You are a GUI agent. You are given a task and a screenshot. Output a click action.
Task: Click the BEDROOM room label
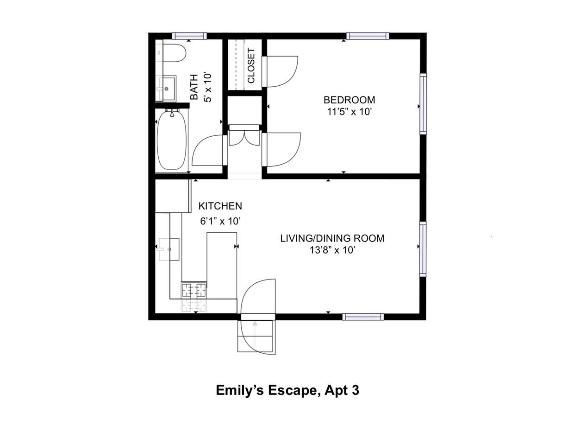click(x=349, y=100)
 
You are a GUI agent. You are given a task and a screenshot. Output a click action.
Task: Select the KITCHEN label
click(x=220, y=206)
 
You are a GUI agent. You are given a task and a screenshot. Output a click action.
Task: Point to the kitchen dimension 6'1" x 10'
click(x=220, y=221)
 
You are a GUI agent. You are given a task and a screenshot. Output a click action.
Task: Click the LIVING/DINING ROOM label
click(x=332, y=238)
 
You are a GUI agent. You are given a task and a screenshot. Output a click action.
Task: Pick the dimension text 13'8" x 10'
click(x=332, y=250)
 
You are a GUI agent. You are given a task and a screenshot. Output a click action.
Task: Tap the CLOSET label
click(x=251, y=65)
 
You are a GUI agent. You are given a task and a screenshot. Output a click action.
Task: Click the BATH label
click(x=194, y=87)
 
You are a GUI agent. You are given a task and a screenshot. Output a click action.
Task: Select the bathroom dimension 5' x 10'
click(x=208, y=88)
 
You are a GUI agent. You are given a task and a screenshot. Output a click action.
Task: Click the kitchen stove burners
click(x=194, y=290)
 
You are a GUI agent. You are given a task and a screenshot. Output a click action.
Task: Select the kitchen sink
click(x=169, y=249)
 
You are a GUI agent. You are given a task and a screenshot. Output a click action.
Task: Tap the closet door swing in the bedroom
click(x=281, y=71)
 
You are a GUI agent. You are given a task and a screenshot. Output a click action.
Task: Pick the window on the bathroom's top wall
click(x=189, y=36)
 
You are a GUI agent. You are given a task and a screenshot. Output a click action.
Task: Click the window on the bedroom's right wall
click(x=423, y=104)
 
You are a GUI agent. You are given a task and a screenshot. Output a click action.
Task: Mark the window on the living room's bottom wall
click(x=363, y=317)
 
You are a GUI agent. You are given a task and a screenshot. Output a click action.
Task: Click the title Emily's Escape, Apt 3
click(x=287, y=390)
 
